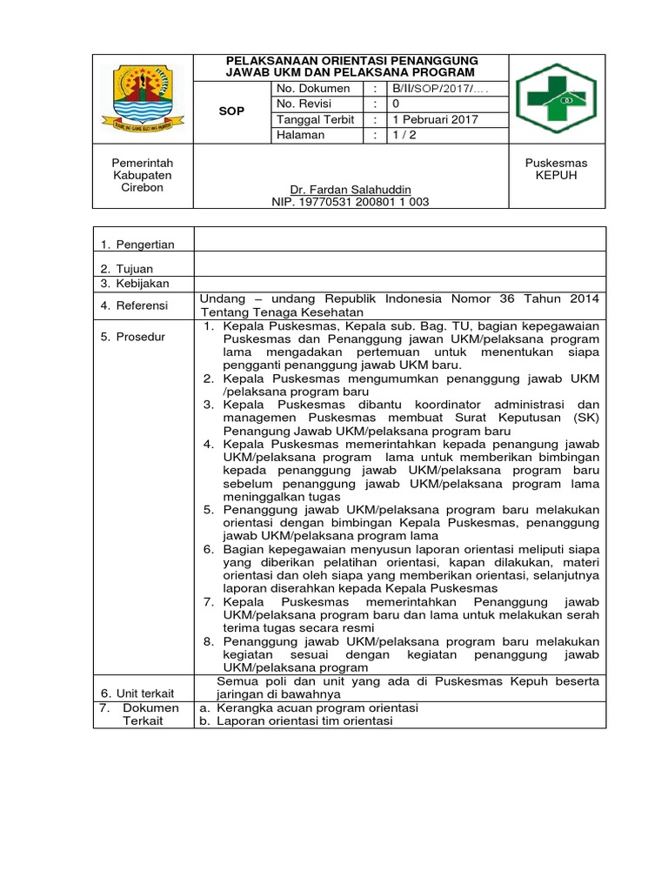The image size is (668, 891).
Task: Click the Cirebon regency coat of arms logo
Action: pos(143,97)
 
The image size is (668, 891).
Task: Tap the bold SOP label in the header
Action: pos(230,112)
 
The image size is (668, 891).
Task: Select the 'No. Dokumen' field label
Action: pos(313,89)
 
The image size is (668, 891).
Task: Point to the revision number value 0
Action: pos(397,104)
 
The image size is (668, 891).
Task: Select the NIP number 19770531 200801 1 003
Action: pos(351,202)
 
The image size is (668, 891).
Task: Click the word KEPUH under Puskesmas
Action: pos(557,176)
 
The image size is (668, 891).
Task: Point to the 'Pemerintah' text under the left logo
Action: pos(143,164)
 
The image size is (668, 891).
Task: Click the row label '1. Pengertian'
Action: pos(137,245)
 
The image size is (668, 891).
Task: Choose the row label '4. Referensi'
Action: pos(137,305)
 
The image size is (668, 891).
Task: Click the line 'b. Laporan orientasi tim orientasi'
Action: pos(296,721)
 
